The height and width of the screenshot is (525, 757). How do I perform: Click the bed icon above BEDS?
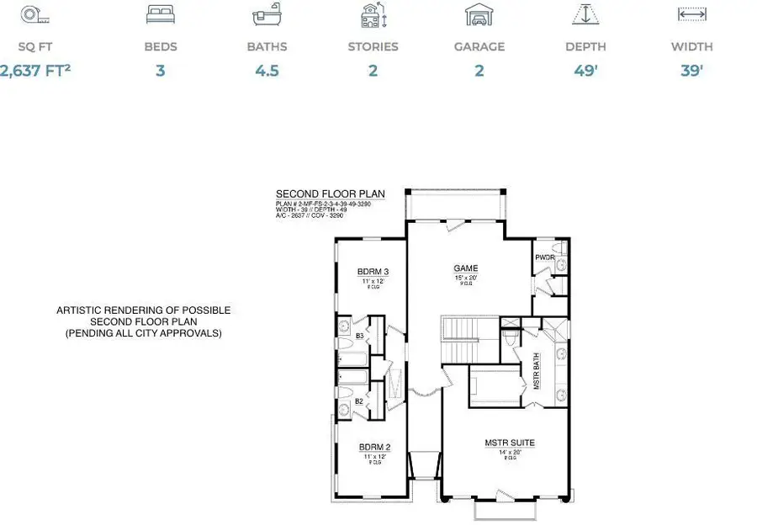tap(160, 15)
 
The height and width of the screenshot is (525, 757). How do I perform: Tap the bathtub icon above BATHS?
tap(267, 15)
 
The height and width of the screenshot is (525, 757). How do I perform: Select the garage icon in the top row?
tap(479, 15)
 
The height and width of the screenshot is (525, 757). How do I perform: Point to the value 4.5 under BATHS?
tap(267, 71)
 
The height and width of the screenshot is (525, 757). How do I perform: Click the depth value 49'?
tap(585, 71)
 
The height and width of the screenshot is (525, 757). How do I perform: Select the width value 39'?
tap(691, 71)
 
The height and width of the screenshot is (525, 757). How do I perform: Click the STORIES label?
tap(372, 47)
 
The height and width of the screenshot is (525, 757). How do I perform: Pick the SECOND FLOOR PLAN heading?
tap(330, 194)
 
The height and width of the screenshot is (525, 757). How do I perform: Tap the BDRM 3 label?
tap(373, 271)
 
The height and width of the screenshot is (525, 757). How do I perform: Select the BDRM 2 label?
tap(373, 447)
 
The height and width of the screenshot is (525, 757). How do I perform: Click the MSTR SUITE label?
tap(510, 443)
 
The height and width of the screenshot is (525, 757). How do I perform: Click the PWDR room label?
tap(544, 257)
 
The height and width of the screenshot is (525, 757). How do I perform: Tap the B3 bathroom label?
tap(359, 336)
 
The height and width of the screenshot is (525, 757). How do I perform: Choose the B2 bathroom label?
tap(359, 401)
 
